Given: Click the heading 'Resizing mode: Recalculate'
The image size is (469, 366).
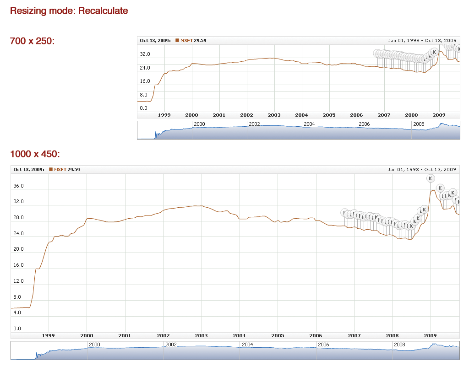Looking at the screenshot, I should coord(69,11).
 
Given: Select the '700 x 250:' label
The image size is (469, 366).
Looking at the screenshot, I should coord(32,41).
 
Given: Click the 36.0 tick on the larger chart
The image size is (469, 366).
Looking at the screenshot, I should coord(18,186).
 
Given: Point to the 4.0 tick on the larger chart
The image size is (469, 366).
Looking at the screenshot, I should coord(17,312).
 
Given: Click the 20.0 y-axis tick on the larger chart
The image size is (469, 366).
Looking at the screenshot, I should coord(18,249).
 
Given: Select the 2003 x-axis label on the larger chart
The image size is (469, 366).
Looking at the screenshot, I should coord(202,335).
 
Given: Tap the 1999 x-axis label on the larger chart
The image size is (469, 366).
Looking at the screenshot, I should coord(48,335).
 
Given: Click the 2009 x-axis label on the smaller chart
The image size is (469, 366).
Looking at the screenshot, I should coord(439,115).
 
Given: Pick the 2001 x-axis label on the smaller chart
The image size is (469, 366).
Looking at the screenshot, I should coord(219,115).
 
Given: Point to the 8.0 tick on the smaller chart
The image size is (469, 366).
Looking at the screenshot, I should coord(144,95).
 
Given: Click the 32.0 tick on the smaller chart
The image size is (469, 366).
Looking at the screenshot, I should coord(145,54).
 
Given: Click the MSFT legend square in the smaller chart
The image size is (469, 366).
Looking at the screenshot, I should coord(177,41).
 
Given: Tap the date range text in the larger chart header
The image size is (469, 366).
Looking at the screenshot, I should coord(422,170).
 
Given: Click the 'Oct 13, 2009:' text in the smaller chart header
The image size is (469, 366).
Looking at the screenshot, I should coord(155,41).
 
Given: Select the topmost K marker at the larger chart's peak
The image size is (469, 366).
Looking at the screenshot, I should coord(430,178).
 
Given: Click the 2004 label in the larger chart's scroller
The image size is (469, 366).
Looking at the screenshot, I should coord(247,344).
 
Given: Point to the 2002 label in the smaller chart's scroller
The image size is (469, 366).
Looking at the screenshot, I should coord(254,124).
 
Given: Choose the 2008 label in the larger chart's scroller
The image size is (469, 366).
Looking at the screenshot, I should coord(399,344).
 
